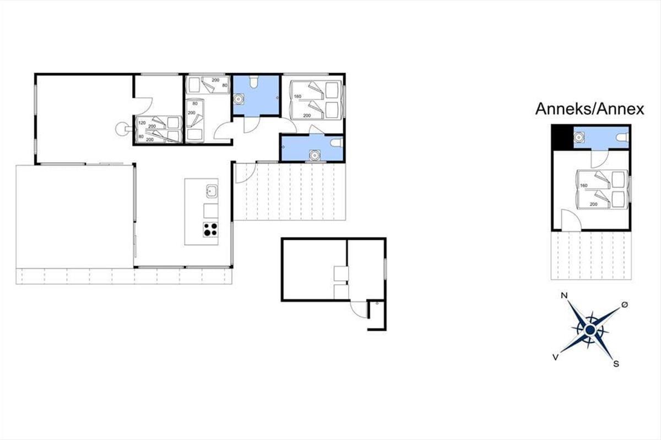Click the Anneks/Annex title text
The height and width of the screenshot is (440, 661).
coord(589,109)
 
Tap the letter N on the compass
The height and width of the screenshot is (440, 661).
coord(564,295)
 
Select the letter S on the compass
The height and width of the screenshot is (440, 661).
coord(616,364)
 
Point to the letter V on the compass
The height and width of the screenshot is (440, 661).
coord(555,357)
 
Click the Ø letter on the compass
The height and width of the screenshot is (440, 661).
coord(625,305)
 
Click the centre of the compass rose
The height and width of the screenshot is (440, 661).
coord(590,329)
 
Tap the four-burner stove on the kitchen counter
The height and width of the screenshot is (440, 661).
coord(210,229)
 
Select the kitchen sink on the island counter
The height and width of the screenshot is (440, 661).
coord(212,191)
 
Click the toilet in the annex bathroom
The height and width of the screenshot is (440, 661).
coord(622,137)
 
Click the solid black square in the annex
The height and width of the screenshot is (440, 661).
coord(562,137)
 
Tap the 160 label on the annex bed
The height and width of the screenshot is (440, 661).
coord(583,185)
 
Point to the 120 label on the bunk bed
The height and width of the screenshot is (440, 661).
coord(142,123)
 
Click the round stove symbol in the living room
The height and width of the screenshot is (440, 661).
coord(122,129)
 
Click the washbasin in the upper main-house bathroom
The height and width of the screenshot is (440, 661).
coord(239,99)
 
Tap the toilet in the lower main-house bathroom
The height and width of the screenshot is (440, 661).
coord(337,143)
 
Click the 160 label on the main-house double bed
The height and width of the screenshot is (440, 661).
coord(297,96)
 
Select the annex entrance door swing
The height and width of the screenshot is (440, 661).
coord(571,220)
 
